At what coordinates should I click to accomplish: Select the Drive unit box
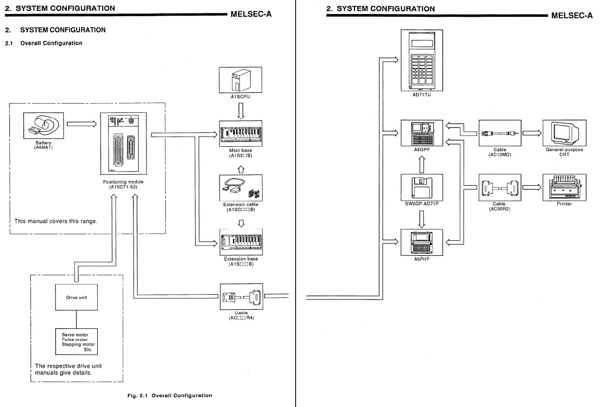76,297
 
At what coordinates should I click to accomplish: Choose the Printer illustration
564,186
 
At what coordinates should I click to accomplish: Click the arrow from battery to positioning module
82,124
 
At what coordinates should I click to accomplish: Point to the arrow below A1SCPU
240,110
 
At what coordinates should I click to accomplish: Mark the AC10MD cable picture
499,133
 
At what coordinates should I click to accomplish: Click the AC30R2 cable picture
499,187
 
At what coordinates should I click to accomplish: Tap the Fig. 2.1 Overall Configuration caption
170,396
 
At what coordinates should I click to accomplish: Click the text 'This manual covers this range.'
56,221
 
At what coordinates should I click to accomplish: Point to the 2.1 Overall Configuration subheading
51,43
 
